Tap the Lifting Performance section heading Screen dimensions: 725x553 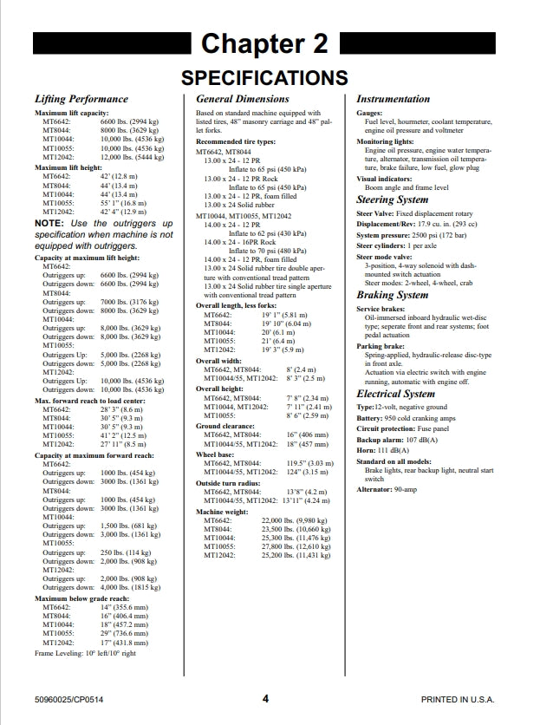pos(81,100)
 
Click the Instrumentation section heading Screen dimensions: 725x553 pos(393,100)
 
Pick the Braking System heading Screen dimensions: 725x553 pos(393,296)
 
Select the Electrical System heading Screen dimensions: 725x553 pos(396,395)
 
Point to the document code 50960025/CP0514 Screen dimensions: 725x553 pos(72,699)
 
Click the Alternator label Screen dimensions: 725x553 pos(377,488)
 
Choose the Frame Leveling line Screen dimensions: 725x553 pos(85,653)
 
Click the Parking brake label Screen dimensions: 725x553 pos(382,347)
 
